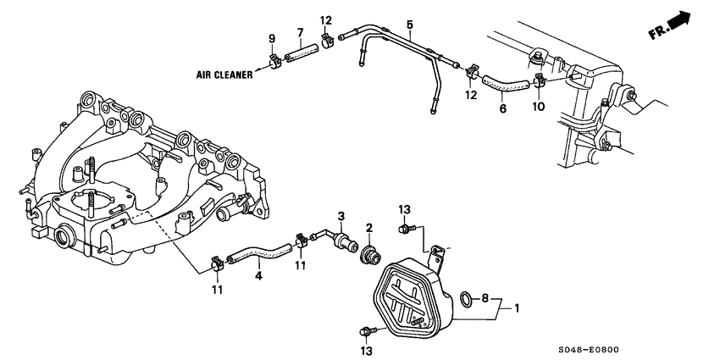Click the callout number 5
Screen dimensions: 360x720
pyautogui.click(x=409, y=25)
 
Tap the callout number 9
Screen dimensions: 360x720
pyautogui.click(x=272, y=38)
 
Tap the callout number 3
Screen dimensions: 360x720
pyautogui.click(x=341, y=216)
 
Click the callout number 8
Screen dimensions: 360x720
pyautogui.click(x=485, y=298)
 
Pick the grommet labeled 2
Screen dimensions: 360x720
pyautogui.click(x=368, y=252)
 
